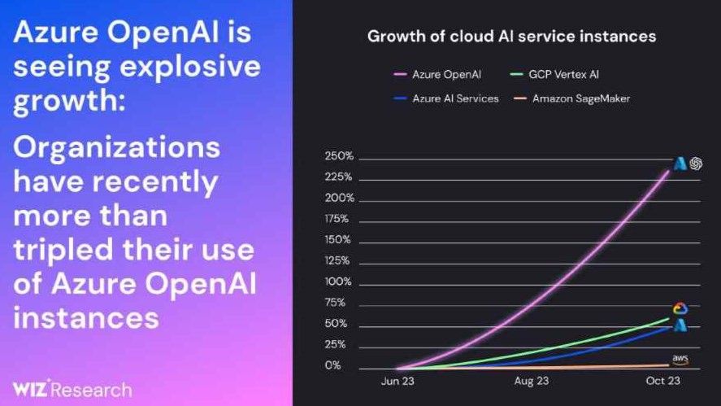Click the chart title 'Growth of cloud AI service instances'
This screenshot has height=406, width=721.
click(511, 37)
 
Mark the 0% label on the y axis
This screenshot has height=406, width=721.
click(333, 366)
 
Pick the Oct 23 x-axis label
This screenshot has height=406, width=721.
click(663, 381)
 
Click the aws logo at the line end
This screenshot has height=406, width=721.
click(680, 359)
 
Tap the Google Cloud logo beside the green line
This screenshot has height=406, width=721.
click(680, 308)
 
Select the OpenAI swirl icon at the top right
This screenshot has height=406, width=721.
click(696, 164)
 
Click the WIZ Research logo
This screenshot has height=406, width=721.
click(72, 389)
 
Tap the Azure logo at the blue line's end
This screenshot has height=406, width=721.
click(680, 325)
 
